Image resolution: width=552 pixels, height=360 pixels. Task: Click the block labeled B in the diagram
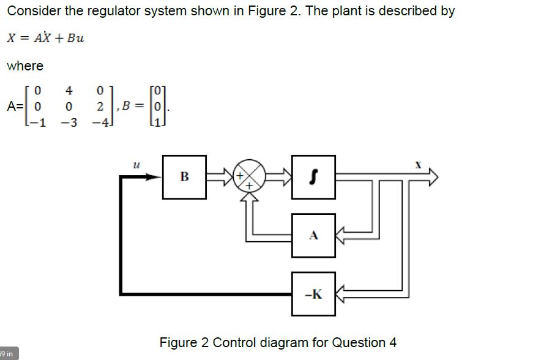(x=184, y=177)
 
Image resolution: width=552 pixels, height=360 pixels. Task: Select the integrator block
(x=313, y=177)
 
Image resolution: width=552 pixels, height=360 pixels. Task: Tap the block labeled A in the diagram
(x=313, y=235)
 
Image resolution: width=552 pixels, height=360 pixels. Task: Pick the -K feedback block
(x=313, y=294)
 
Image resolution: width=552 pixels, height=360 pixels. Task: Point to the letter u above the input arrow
(x=136, y=163)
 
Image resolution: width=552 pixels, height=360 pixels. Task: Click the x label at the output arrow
(x=418, y=165)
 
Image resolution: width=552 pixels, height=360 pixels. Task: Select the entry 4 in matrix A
(x=69, y=91)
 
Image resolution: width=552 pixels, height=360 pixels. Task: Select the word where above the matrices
(x=25, y=66)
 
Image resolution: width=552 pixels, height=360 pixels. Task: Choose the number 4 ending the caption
(x=392, y=342)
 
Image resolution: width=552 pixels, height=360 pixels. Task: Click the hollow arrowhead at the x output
(x=433, y=177)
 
